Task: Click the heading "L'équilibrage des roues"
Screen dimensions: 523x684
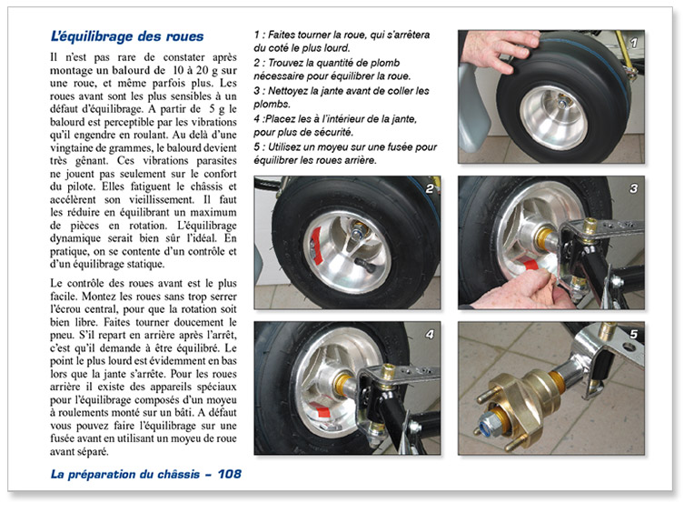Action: pos(126,37)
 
